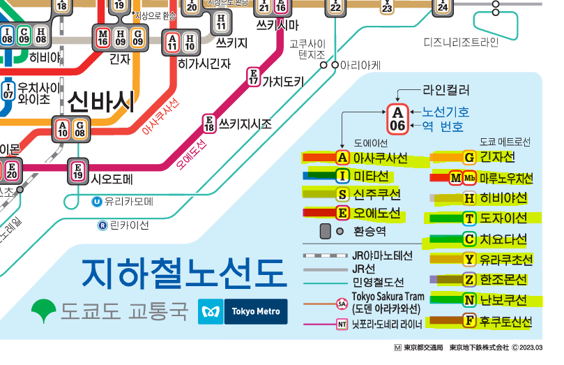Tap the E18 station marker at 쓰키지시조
[x=208, y=124]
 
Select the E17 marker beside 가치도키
[x=253, y=76]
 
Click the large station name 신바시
[x=101, y=103]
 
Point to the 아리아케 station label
[x=361, y=65]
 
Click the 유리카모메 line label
[x=128, y=202]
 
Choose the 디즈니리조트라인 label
[x=461, y=43]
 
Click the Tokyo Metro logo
[x=243, y=311]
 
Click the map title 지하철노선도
[x=183, y=274]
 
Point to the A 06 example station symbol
[x=397, y=119]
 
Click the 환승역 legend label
[x=369, y=231]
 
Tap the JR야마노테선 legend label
[x=383, y=255]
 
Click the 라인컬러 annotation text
[x=446, y=90]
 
